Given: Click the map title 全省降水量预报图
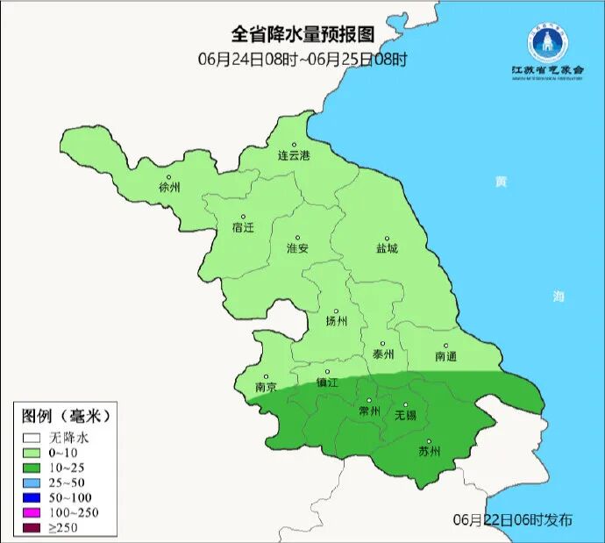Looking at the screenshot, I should [x=302, y=34].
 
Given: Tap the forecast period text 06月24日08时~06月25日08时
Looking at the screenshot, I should [x=302, y=60].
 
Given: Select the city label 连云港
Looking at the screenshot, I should [x=294, y=156].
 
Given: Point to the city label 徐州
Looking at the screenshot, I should [x=169, y=188].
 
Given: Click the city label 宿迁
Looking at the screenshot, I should [x=243, y=227].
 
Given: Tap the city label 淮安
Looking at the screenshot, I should [x=297, y=248].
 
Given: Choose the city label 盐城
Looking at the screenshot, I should [x=387, y=248].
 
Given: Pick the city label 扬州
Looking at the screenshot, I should [x=336, y=321].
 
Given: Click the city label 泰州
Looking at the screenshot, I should [x=383, y=354].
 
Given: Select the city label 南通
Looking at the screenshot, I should [x=445, y=356].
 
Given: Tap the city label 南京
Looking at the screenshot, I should [x=266, y=387].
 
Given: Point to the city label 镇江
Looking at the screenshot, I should [x=327, y=382].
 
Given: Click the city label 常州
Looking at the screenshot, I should [x=369, y=411].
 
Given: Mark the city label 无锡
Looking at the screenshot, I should [x=405, y=414].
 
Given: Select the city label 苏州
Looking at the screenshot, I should [x=429, y=452].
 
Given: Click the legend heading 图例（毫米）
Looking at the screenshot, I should [x=67, y=414].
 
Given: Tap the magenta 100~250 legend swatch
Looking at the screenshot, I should [x=33, y=512].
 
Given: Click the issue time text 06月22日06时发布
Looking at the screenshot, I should [x=513, y=519].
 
